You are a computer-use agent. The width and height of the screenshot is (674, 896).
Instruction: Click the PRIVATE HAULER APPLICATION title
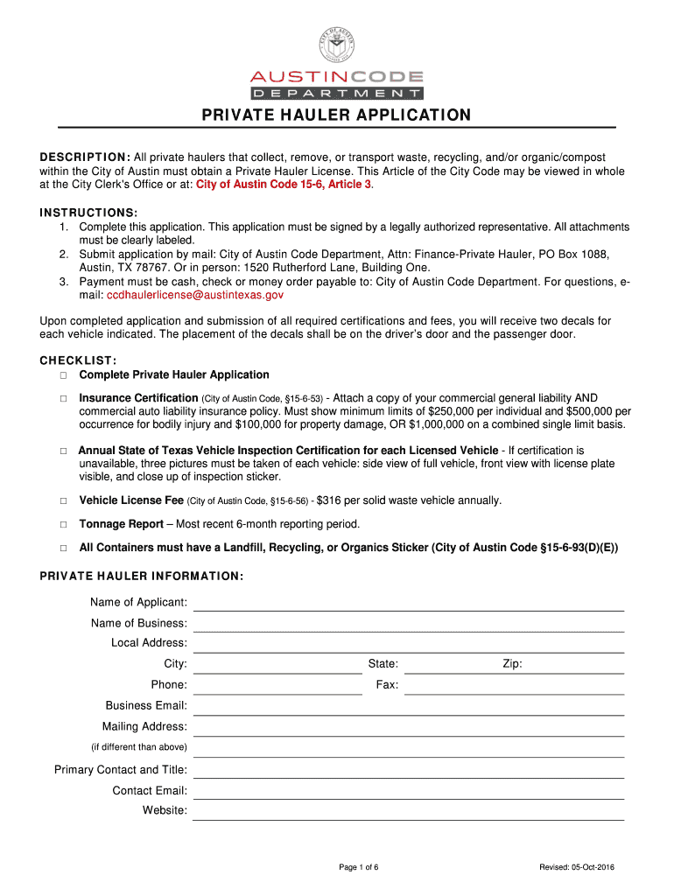337,115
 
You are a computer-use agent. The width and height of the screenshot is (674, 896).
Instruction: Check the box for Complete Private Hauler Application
64,375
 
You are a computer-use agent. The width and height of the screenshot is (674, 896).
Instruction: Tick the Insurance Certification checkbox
64,398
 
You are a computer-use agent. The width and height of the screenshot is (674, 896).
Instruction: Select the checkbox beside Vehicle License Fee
64,501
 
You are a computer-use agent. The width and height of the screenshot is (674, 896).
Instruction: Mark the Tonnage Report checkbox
64,524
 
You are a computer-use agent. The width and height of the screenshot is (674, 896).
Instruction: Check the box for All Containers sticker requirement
64,549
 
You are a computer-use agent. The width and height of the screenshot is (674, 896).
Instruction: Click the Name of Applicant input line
408,604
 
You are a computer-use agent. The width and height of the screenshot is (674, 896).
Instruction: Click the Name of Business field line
408,625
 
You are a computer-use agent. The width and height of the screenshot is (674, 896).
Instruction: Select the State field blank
442,666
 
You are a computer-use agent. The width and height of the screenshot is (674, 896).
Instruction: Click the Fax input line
514,687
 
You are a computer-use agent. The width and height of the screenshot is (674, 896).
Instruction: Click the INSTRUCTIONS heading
88,213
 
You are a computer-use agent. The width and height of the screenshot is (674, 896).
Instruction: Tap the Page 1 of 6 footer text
359,867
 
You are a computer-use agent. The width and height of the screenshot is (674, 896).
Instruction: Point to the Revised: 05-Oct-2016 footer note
577,867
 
